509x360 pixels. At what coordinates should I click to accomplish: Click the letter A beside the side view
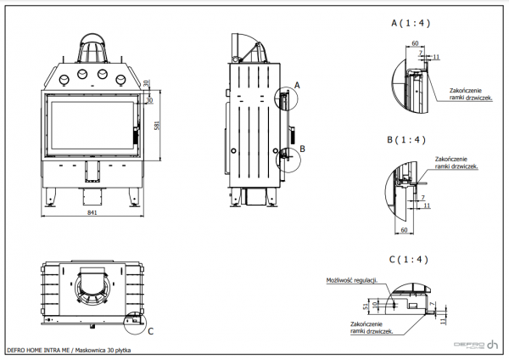pos(297,85)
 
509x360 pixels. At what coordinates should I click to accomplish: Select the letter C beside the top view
pos(150,330)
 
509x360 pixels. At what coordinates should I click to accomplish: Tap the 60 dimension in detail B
pos(404,229)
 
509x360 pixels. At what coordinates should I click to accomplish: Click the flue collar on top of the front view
pos(94,51)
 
